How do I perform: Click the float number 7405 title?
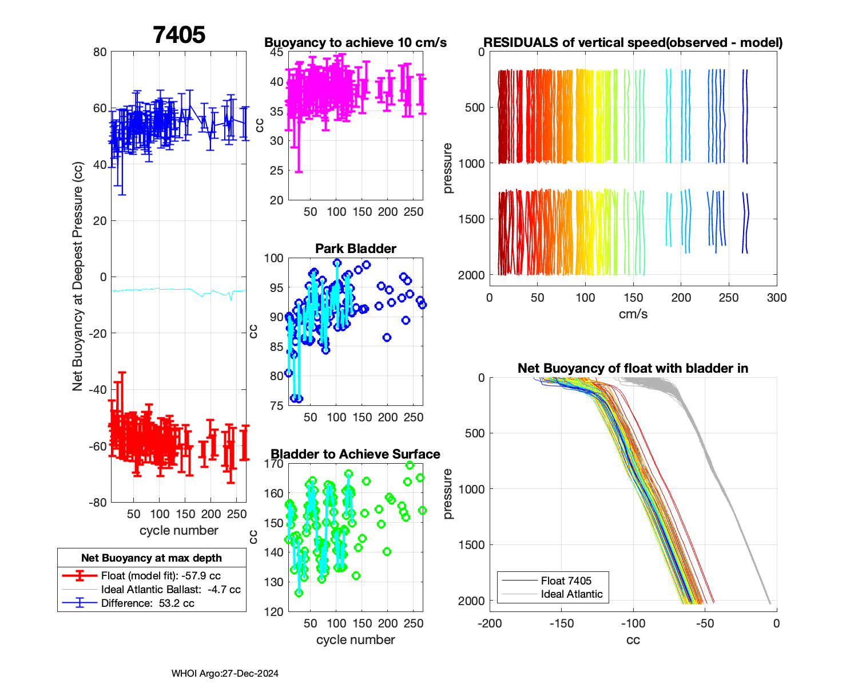pyautogui.click(x=179, y=35)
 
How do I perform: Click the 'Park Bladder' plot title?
pyautogui.click(x=356, y=248)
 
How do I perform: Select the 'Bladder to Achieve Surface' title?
pyautogui.click(x=356, y=454)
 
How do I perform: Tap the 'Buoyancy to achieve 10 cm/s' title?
pyautogui.click(x=356, y=42)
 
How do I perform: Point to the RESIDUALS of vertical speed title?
pyautogui.click(x=633, y=42)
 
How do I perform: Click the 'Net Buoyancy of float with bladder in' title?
pyautogui.click(x=633, y=368)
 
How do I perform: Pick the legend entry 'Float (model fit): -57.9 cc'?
pyautogui.click(x=161, y=576)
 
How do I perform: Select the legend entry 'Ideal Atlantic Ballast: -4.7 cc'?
pyautogui.click(x=170, y=590)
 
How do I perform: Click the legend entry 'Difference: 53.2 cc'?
pyautogui.click(x=148, y=603)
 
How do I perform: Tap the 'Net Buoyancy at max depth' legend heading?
pyautogui.click(x=152, y=558)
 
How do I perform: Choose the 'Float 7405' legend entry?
pyautogui.click(x=566, y=581)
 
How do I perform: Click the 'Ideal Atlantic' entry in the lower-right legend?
pyautogui.click(x=571, y=594)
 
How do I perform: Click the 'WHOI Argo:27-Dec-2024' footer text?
pyautogui.click(x=225, y=674)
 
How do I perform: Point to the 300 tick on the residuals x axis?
pyautogui.click(x=777, y=298)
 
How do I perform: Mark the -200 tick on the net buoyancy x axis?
pyautogui.click(x=490, y=623)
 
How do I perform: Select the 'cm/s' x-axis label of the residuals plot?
pyautogui.click(x=633, y=314)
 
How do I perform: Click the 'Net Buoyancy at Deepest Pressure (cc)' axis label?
pyautogui.click(x=78, y=277)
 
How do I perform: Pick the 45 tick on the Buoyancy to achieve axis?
pyautogui.click(x=277, y=52)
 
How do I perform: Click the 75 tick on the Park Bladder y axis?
pyautogui.click(x=277, y=406)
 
